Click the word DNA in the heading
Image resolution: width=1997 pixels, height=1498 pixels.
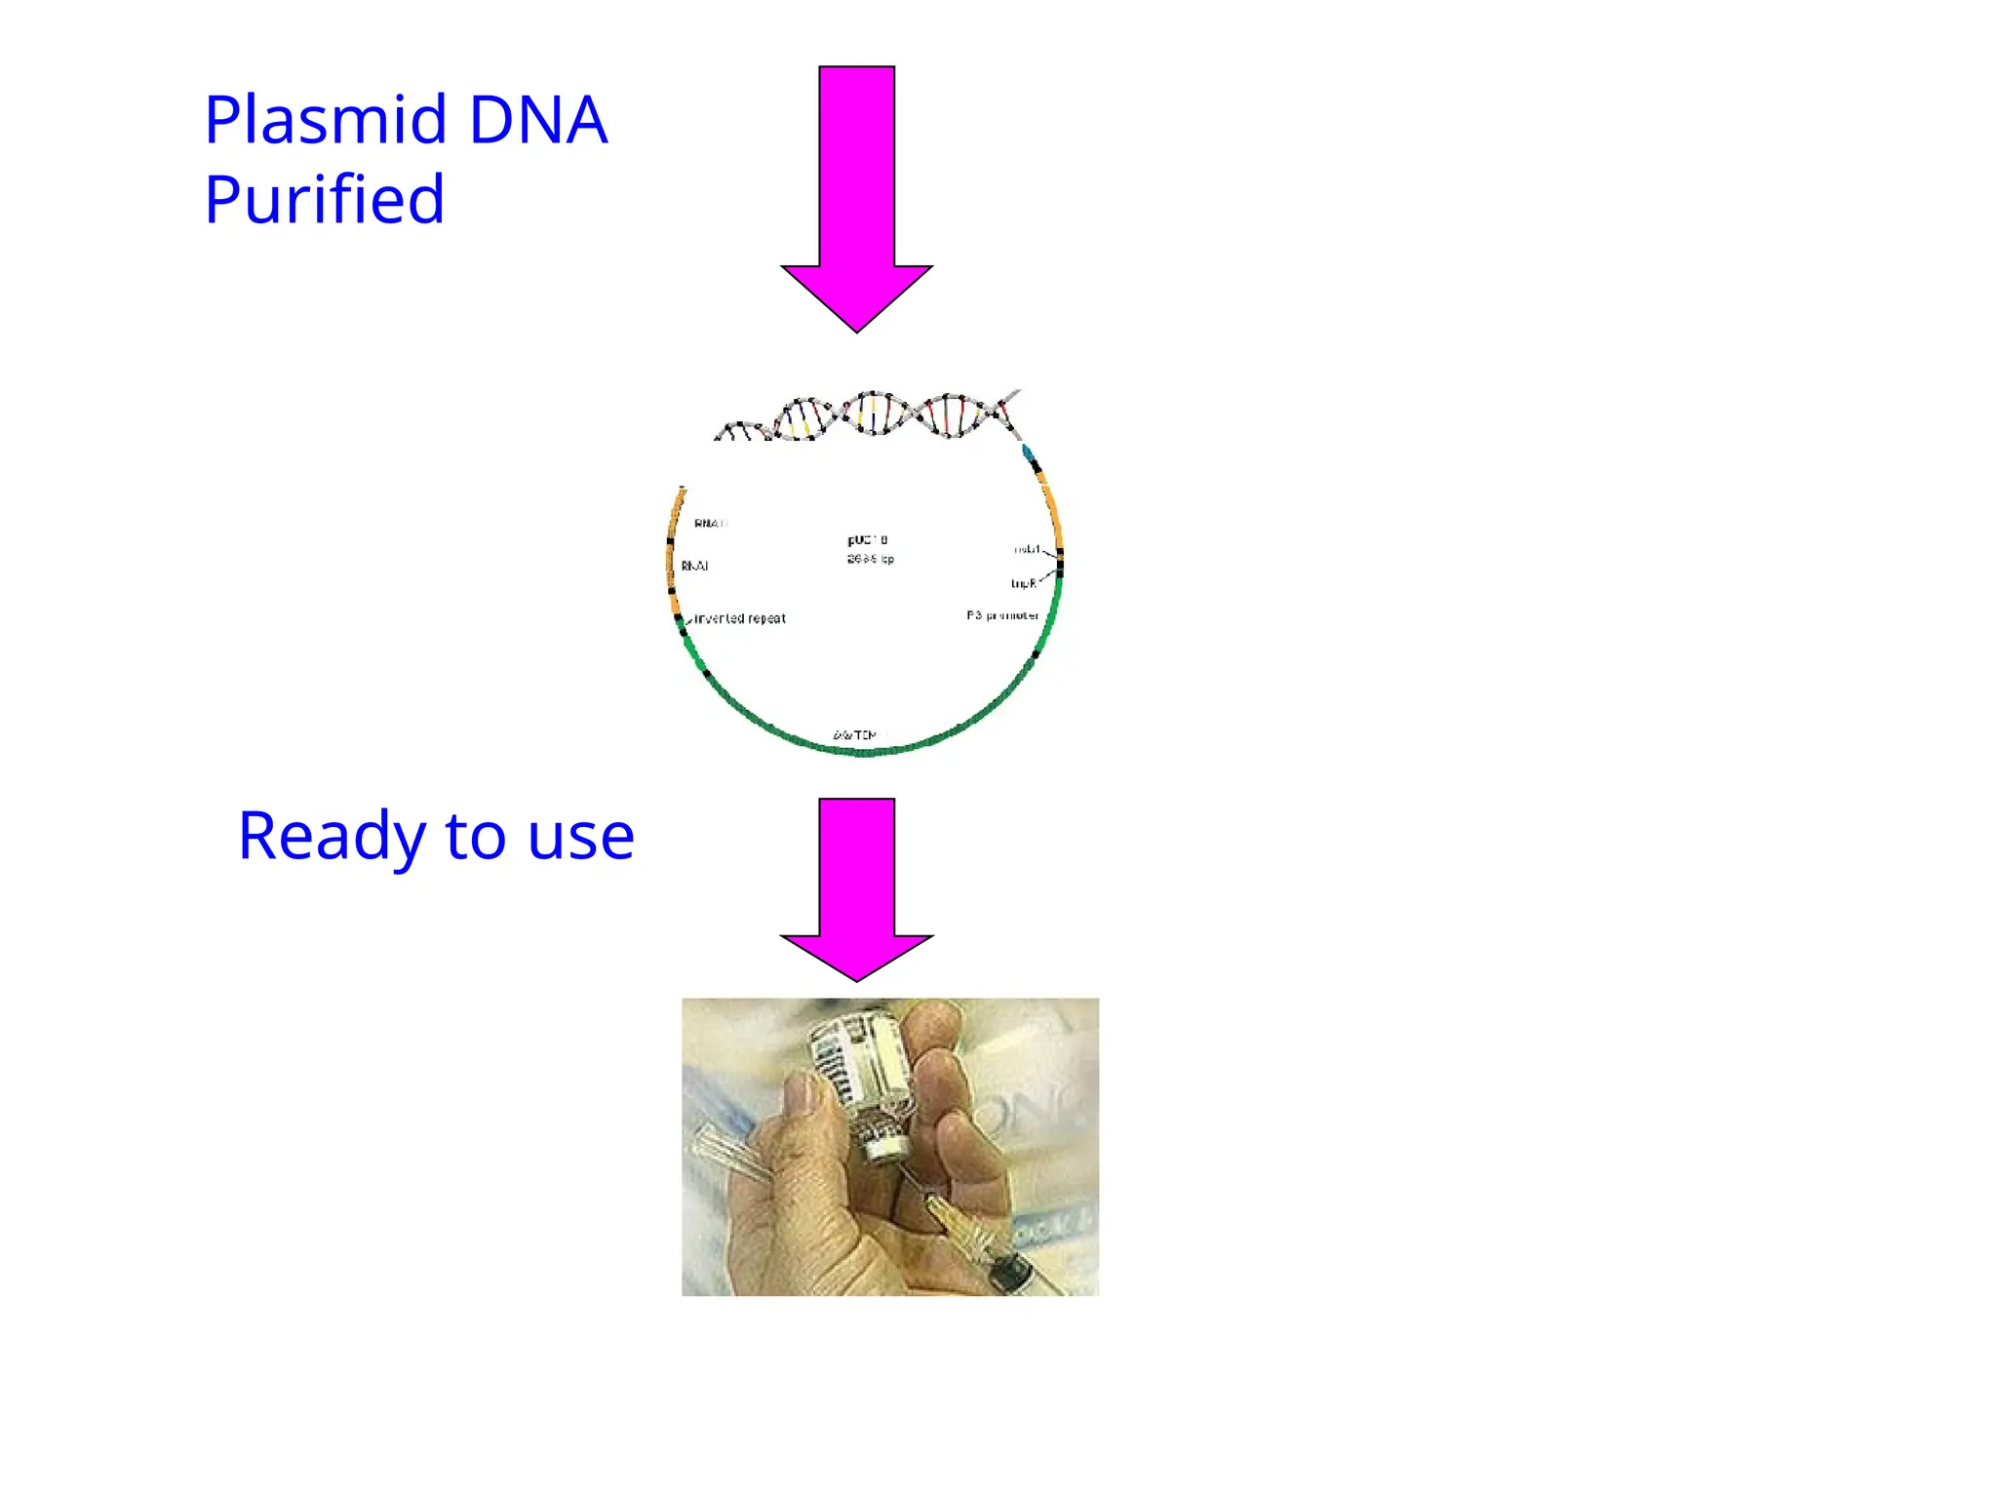coord(538,121)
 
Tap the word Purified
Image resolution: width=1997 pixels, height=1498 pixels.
coord(324,201)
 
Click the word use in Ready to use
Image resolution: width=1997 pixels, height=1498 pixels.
coord(581,837)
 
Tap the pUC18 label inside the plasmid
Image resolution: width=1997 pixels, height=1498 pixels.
coord(867,540)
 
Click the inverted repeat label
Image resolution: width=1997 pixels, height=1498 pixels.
coord(739,618)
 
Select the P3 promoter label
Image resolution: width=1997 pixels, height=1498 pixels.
coord(1001,615)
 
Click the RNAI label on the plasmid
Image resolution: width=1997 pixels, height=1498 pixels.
coord(694,566)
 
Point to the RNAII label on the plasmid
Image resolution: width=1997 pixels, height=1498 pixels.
coord(711,524)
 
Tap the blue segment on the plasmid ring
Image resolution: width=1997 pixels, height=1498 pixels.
coord(1027,452)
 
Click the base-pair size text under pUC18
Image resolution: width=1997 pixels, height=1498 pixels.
coord(870,559)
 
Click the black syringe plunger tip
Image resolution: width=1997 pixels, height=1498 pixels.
coord(1011,1273)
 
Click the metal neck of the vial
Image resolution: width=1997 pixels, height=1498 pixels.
coord(883,1136)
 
